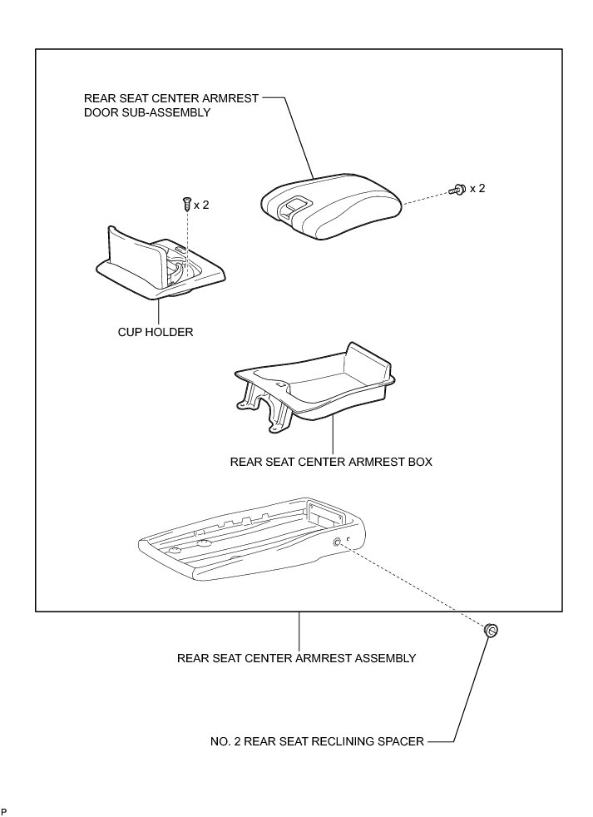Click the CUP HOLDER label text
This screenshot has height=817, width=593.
(x=156, y=332)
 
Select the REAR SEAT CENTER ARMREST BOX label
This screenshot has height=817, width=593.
(x=331, y=460)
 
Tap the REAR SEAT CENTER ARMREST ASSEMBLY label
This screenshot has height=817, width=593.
(x=296, y=658)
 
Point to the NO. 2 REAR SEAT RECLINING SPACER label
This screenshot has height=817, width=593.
(x=318, y=740)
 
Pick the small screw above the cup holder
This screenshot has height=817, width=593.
(x=186, y=203)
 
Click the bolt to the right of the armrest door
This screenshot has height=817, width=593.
(x=456, y=190)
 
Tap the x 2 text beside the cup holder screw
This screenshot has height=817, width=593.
(x=202, y=204)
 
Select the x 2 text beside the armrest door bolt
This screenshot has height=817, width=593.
(x=477, y=189)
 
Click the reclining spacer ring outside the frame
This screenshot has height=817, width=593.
(x=491, y=631)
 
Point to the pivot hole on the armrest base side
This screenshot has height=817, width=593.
(x=338, y=542)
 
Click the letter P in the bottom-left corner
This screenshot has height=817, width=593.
(x=3, y=810)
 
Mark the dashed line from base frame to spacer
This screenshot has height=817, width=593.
(x=416, y=586)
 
